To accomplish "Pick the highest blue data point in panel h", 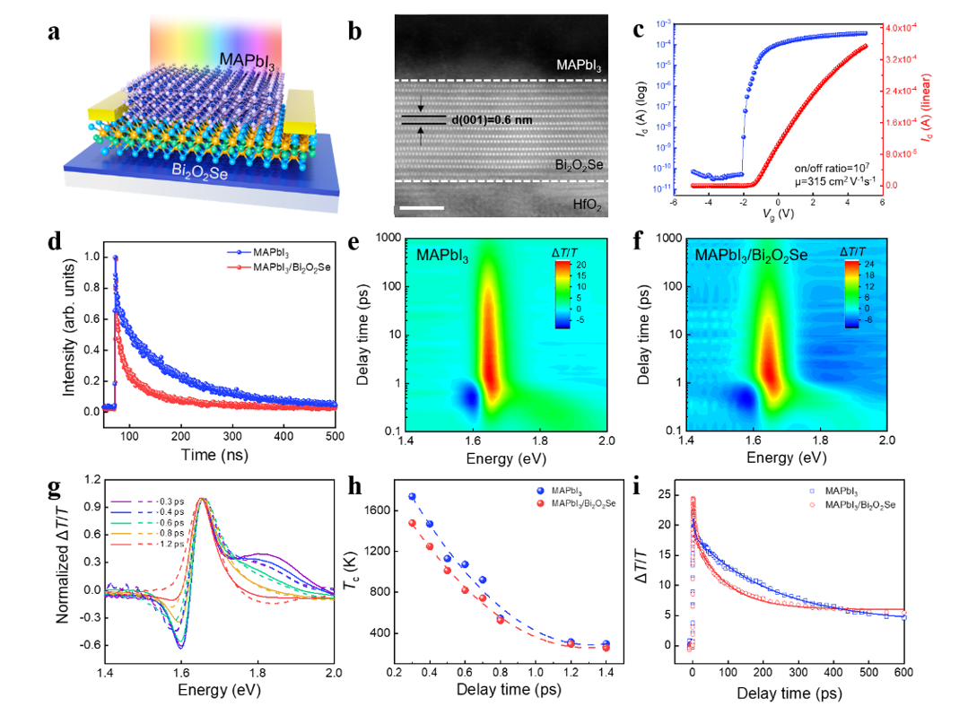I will (412, 496).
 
